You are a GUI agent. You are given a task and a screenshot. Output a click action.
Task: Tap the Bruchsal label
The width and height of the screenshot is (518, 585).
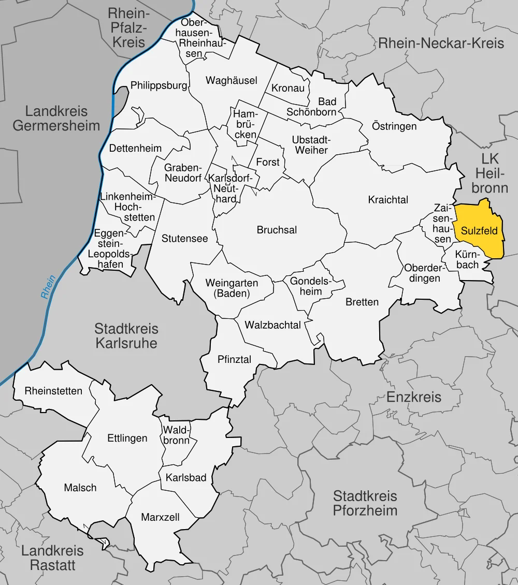277,230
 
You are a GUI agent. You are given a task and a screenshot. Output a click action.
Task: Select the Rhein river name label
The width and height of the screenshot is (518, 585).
48,287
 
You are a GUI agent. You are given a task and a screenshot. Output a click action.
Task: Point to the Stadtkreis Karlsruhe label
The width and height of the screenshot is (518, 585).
126,335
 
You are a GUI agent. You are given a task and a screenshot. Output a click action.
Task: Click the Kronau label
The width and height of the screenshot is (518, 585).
288,88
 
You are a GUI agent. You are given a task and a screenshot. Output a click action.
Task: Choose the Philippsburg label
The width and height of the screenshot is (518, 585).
159,85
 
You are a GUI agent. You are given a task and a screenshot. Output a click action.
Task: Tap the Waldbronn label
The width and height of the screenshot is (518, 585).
177,435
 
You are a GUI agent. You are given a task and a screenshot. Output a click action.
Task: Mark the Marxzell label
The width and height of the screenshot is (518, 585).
161,517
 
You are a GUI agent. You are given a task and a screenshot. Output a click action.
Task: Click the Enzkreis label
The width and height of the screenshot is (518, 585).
414,397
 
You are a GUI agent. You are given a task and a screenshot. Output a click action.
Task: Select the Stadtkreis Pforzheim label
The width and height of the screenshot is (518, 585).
365,503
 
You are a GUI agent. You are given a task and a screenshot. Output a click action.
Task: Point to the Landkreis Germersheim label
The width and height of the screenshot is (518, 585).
56,118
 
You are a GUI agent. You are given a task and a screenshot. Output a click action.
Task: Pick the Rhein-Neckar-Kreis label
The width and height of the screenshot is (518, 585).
441,43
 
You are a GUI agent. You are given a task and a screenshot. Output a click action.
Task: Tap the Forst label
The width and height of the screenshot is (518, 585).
268,162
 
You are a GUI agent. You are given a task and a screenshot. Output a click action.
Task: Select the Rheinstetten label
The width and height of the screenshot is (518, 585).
53,391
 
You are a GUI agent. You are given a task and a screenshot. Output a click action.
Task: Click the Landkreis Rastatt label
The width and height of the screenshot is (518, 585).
52,558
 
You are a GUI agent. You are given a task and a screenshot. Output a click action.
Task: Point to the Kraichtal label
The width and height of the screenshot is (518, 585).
388,199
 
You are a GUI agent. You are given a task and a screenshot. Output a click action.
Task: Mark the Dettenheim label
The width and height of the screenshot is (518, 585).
135,148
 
